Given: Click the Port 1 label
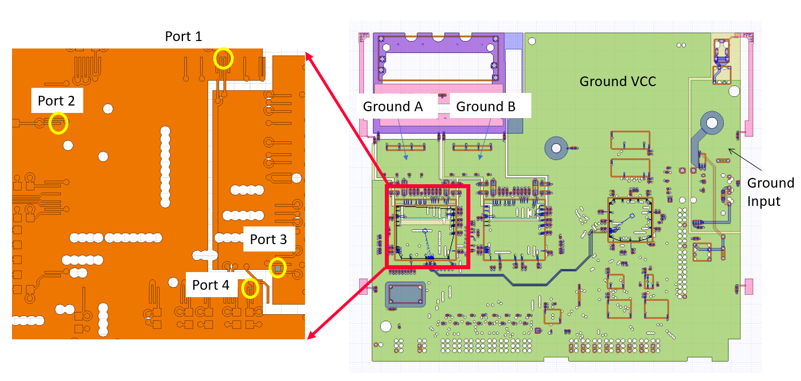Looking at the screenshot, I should click(x=183, y=37).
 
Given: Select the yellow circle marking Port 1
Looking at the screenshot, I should click(x=223, y=59).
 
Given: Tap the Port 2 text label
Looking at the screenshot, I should click(x=56, y=101).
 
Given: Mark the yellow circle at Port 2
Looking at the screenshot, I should click(x=58, y=123).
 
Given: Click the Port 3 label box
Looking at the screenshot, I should click(x=268, y=240).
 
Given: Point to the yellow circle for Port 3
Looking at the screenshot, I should click(x=278, y=267).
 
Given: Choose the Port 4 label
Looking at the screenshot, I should click(x=210, y=285).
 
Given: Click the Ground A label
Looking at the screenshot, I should click(x=393, y=107).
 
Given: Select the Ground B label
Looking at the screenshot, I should click(x=486, y=107).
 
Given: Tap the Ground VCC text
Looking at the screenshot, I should click(x=617, y=82).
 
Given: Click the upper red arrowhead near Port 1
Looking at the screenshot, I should click(x=308, y=55).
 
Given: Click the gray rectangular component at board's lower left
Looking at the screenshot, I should click(x=405, y=294).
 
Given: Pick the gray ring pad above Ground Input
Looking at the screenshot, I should click(x=711, y=122).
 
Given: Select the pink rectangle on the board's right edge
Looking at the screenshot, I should click(x=749, y=286).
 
